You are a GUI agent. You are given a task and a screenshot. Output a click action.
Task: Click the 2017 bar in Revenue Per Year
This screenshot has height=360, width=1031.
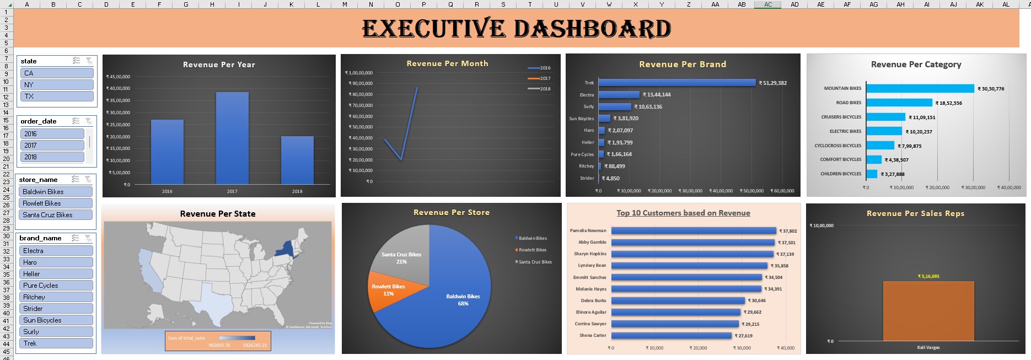(x=232, y=138)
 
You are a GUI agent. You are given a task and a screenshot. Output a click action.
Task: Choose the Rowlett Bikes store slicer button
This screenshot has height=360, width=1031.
(x=57, y=203)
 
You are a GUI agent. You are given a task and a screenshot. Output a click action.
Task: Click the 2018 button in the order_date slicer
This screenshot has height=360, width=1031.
(x=52, y=157)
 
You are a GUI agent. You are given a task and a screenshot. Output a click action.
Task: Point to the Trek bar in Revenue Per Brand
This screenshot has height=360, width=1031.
(x=676, y=83)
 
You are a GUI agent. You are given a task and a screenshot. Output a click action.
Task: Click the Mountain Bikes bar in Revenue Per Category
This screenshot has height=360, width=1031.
(x=920, y=88)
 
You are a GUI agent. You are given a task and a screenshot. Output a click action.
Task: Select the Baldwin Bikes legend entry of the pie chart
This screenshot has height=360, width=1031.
(x=532, y=238)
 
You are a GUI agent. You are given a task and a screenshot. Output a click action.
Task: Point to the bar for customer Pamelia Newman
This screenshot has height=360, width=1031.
(x=693, y=231)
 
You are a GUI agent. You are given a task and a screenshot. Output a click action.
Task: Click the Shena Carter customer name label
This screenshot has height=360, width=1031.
(x=592, y=335)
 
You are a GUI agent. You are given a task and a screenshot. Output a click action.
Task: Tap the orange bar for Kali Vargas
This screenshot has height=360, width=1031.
(x=928, y=311)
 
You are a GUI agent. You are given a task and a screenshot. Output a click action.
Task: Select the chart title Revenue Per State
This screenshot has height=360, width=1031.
(x=218, y=214)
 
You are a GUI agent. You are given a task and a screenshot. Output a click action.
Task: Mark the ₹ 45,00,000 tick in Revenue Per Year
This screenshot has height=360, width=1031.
(x=118, y=77)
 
